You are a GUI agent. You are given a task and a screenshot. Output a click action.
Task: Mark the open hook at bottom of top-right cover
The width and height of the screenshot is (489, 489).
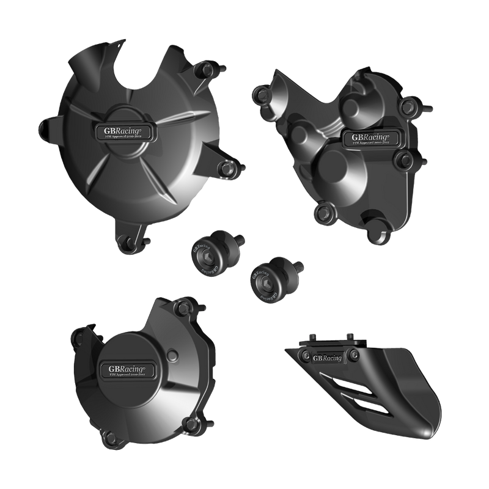coord(383,233)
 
